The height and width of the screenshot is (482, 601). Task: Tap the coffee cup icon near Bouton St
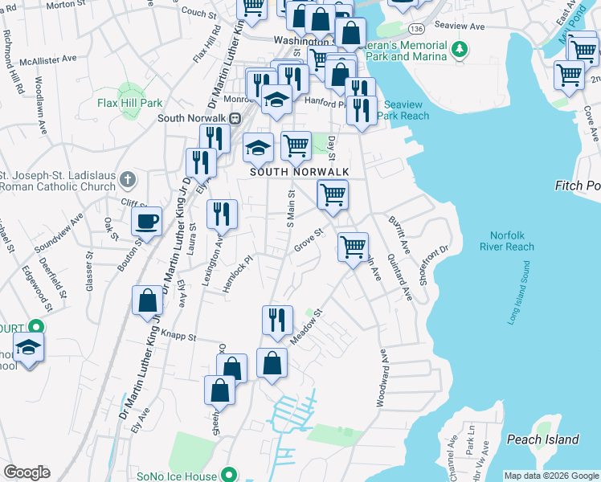point(146,221)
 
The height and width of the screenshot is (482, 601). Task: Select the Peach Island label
point(542,439)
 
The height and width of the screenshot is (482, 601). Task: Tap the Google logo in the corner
point(27,472)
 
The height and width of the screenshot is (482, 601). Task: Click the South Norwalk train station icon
point(235,118)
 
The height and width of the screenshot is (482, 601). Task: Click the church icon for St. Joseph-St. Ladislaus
point(128,177)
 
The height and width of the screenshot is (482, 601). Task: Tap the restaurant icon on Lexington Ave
point(222,214)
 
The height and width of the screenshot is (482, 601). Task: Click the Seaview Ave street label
point(465,27)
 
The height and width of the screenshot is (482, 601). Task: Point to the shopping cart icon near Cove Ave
point(569,75)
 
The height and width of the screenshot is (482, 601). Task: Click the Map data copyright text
point(550,476)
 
